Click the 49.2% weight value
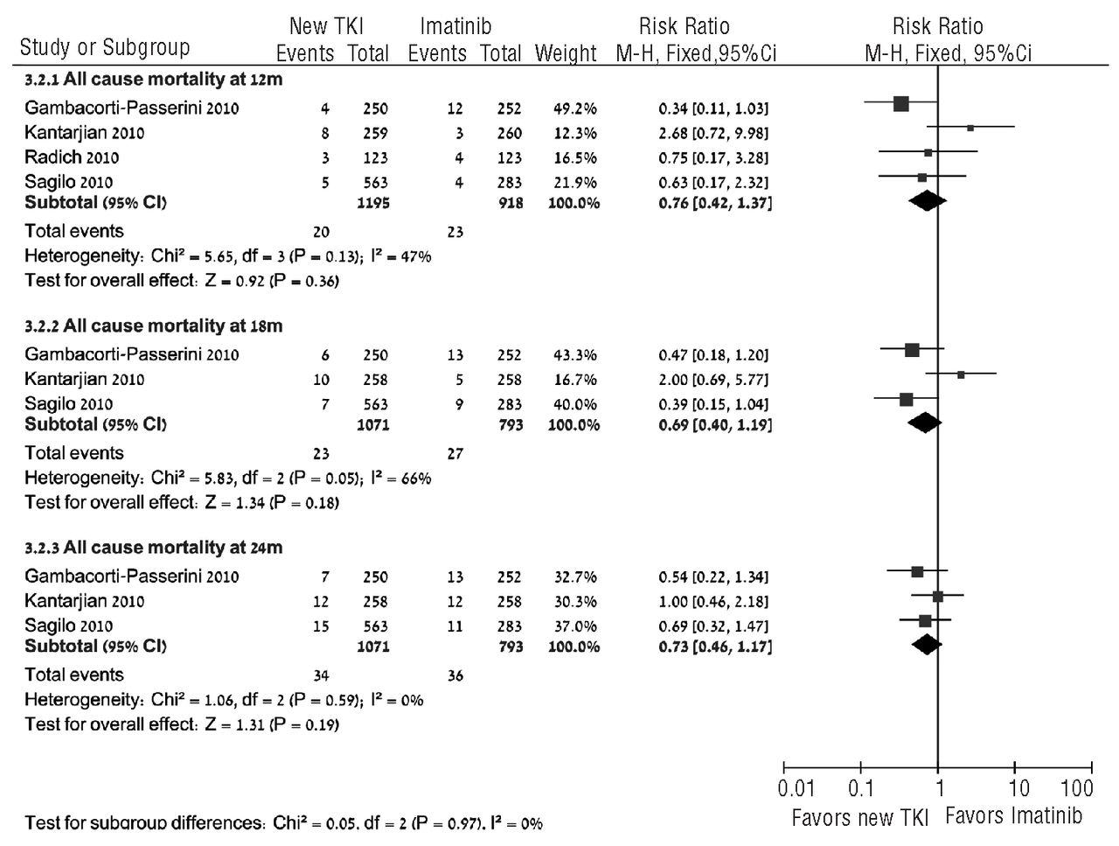tap(574, 108)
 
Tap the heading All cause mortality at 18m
tap(153, 326)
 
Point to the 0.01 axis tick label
tap(796, 788)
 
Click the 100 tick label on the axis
tap(1076, 788)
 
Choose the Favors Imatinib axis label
tap(1013, 816)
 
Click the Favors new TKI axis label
tap(854, 818)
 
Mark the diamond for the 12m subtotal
tap(928, 201)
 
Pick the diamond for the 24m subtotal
tap(926, 645)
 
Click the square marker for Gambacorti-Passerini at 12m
tap(901, 104)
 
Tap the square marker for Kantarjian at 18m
tap(961, 374)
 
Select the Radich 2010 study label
tap(72, 157)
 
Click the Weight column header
tap(565, 53)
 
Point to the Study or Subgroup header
tap(104, 47)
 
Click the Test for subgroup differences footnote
tap(283, 823)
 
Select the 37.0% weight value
tap(574, 626)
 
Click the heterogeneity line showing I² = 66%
tap(227, 479)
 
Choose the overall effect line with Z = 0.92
tap(182, 281)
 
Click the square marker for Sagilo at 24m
tap(925, 621)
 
